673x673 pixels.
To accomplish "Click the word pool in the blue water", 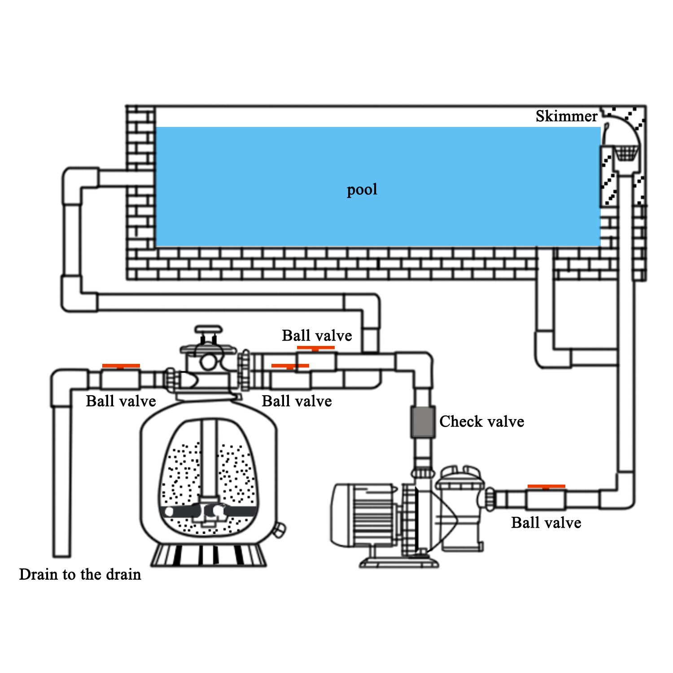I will pyautogui.click(x=362, y=189).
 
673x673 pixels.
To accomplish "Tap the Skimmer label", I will pyautogui.click(x=566, y=116).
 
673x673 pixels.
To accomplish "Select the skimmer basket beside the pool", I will pyautogui.click(x=625, y=153).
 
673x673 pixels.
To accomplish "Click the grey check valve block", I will pyautogui.click(x=422, y=422).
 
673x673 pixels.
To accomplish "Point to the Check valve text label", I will pyautogui.click(x=481, y=422).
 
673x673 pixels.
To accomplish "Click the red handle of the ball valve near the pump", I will pyautogui.click(x=546, y=486).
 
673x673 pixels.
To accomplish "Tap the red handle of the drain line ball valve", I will pyautogui.click(x=121, y=366).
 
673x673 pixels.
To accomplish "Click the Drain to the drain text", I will pyautogui.click(x=80, y=574).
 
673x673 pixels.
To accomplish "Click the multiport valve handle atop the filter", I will pyautogui.click(x=208, y=330).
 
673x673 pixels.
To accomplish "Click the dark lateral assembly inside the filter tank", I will pyautogui.click(x=209, y=511).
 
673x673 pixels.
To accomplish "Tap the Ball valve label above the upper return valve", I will pyautogui.click(x=317, y=336).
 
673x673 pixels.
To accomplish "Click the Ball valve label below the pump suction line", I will pyautogui.click(x=546, y=523).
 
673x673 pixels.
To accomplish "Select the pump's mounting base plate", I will pyautogui.click(x=399, y=562).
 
